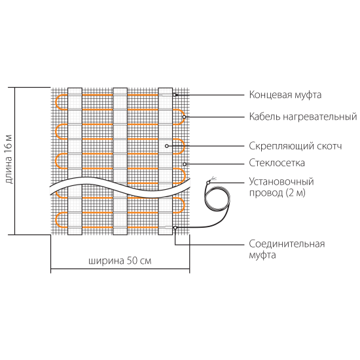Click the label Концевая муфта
pos(285,95)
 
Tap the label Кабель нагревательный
pos(303,117)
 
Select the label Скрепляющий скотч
pos(295,146)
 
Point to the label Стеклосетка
pos(277,163)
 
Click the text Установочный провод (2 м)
pos(281,187)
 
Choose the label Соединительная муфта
pos(287,249)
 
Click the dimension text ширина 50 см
pos(120,261)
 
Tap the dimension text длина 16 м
pos(9,159)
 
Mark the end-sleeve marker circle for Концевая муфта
pos(175,95)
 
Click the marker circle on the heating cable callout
pos(184,117)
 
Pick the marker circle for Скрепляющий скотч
pos(167,146)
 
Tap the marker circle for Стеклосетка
pos(185,164)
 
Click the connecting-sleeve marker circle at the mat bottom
pos(175,228)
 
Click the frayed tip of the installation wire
pos(212,179)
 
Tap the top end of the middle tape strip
pos(120,88)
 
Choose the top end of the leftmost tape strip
pos(75,88)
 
